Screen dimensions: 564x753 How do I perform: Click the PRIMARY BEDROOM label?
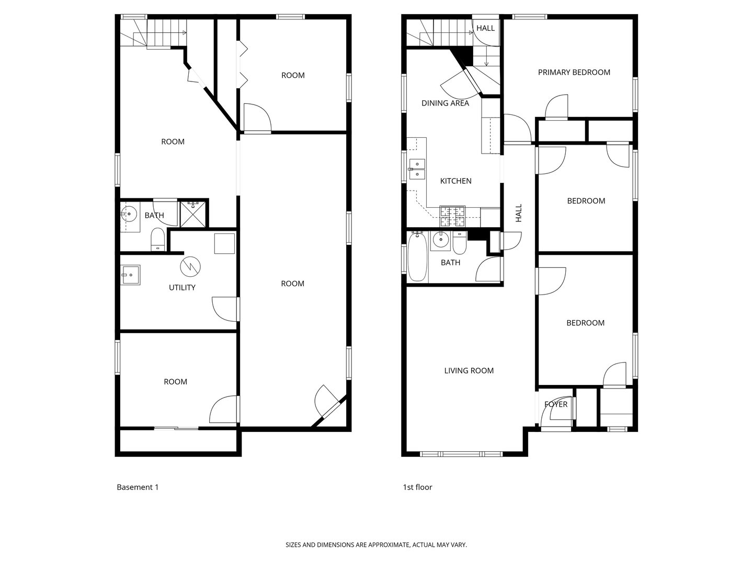click(574, 72)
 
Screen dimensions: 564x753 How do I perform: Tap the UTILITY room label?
click(182, 287)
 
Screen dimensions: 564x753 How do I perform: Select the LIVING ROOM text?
click(469, 371)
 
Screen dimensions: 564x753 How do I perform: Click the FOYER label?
click(555, 404)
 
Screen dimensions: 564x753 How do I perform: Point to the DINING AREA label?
click(445, 103)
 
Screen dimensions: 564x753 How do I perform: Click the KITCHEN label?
click(455, 181)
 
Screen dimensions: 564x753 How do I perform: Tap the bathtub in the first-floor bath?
click(417, 257)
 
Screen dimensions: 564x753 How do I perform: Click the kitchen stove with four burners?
click(452, 216)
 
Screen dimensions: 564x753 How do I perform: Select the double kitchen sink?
click(417, 169)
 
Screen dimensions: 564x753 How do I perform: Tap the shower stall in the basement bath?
click(192, 214)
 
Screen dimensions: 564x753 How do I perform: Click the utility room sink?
click(130, 275)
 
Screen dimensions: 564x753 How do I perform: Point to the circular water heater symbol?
click(190, 266)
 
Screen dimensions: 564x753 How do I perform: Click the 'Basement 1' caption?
click(137, 487)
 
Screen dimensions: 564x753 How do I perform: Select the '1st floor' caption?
click(417, 487)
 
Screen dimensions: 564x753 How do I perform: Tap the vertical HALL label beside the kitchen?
click(519, 213)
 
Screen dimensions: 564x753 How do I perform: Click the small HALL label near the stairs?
click(485, 28)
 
